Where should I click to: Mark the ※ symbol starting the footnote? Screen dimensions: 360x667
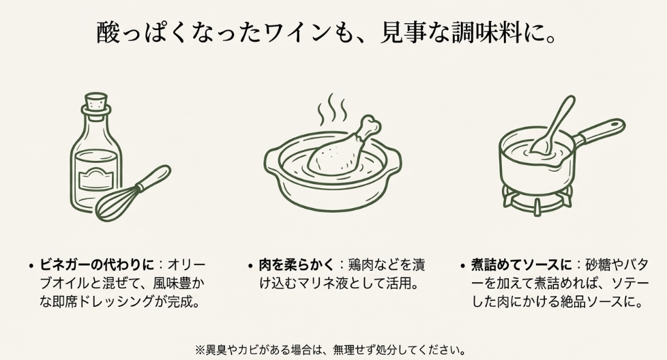pos(200,350)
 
